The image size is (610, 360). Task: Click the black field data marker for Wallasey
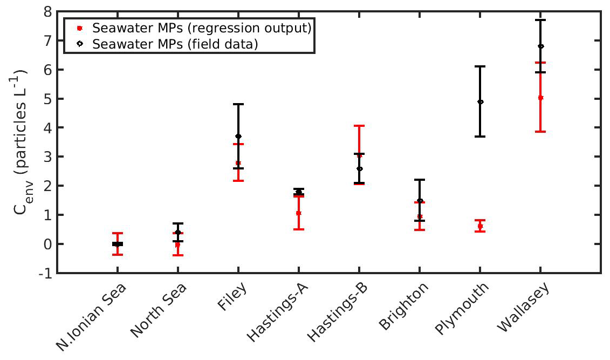click(x=540, y=46)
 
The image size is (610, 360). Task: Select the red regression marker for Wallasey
click(x=540, y=98)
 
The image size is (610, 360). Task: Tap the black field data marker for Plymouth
click(x=480, y=101)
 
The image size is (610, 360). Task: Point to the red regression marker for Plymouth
click(x=480, y=226)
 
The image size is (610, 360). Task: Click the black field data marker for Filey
click(x=238, y=136)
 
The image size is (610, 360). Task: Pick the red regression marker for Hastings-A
click(x=298, y=213)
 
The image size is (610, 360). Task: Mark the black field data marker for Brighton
click(x=420, y=201)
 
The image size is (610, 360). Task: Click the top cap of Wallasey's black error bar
click(x=540, y=20)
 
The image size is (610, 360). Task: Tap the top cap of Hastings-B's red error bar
click(x=359, y=126)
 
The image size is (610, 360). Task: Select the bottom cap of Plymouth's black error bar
click(x=480, y=137)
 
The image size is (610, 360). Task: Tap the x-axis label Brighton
click(x=405, y=305)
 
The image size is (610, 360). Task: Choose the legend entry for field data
click(x=175, y=44)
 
